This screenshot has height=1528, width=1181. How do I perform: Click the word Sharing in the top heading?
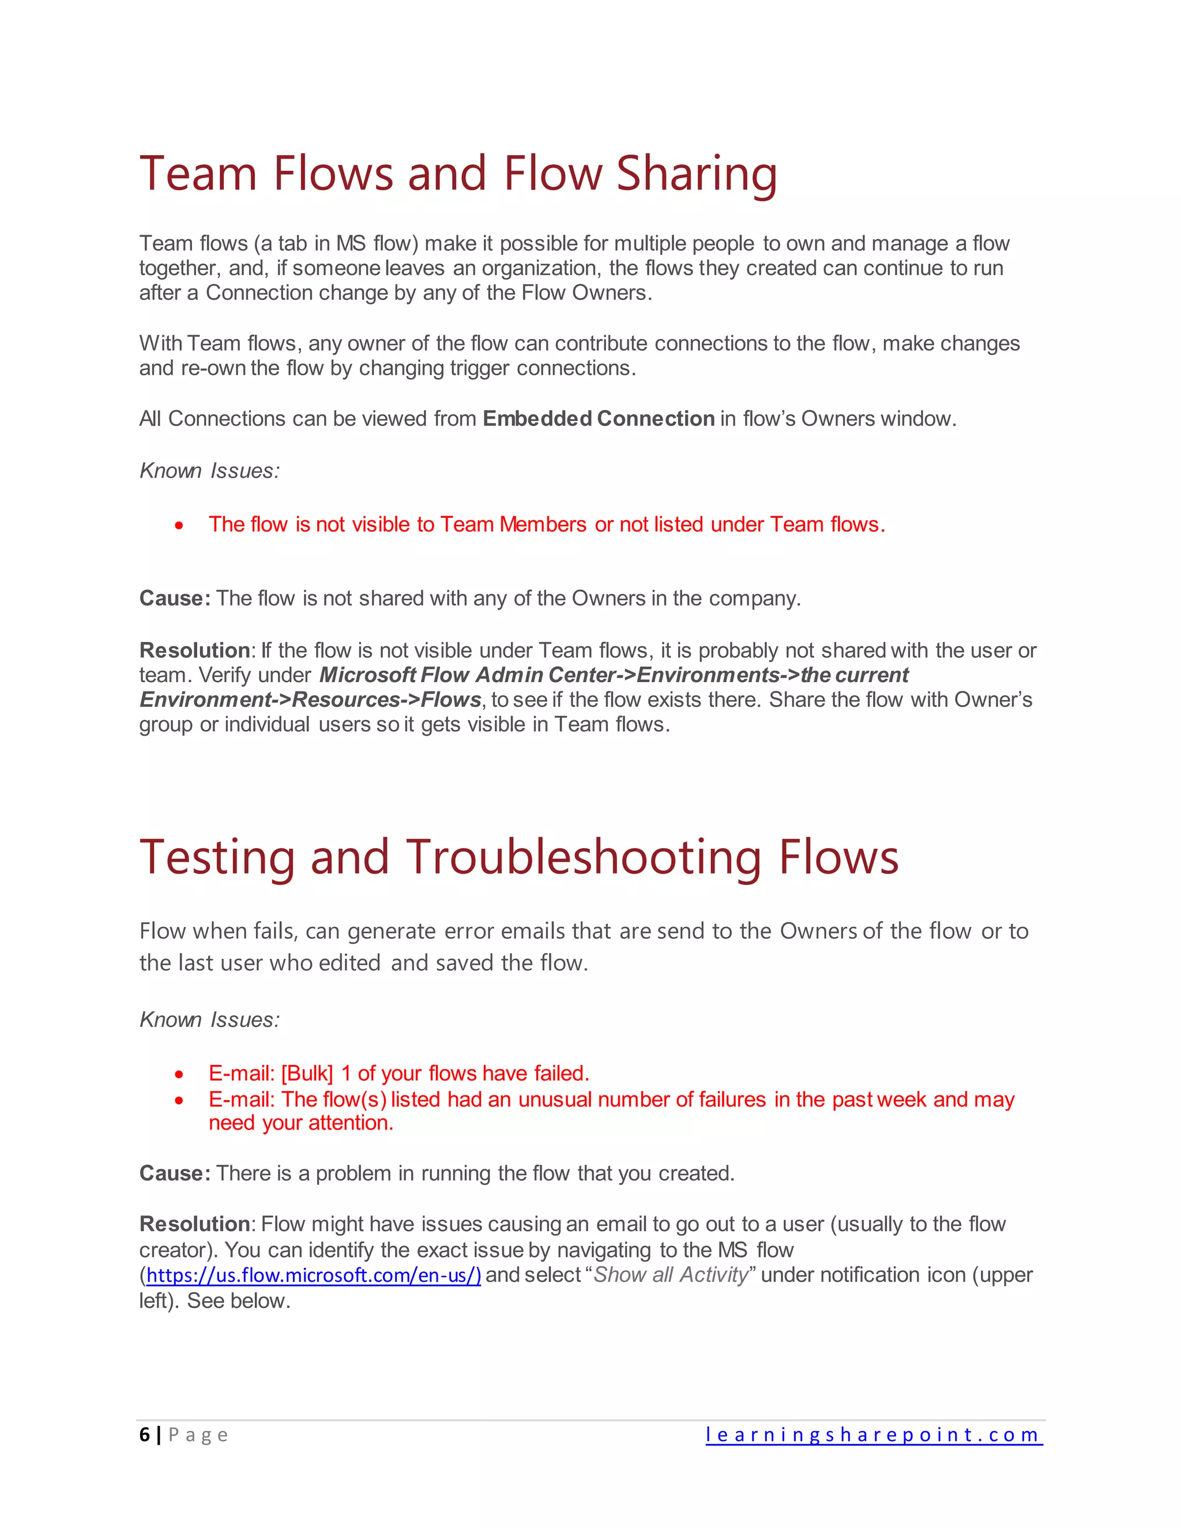pos(696,174)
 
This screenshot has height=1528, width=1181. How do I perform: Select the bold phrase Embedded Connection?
pos(598,419)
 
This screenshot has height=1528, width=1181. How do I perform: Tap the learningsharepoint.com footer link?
pos(873,1435)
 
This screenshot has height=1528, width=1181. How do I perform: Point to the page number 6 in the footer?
pos(144,1435)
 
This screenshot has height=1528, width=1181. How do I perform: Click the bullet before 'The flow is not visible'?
pos(180,525)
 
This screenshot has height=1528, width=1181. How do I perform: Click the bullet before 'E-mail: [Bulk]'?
pos(180,1074)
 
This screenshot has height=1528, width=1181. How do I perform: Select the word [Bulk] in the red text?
pos(307,1073)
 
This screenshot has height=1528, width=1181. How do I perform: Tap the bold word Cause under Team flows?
pos(171,598)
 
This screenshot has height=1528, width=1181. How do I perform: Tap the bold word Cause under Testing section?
pos(171,1173)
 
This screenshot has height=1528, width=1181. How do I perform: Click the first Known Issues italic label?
pos(209,471)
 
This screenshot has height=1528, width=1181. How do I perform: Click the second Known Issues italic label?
pos(209,1020)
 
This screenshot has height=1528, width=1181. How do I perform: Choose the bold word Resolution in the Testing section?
pos(194,1224)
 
